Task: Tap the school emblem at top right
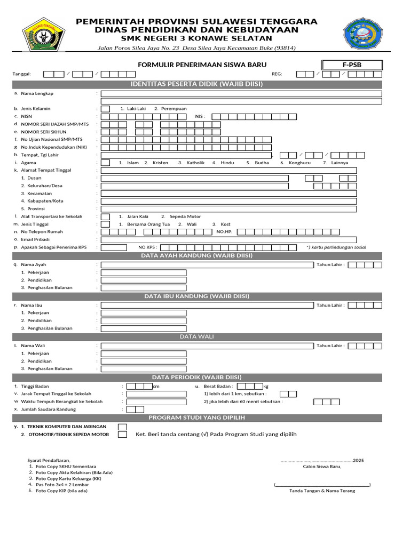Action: (x=367, y=35)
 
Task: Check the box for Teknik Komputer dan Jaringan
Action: (x=122, y=427)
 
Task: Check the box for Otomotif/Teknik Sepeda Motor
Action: (x=122, y=435)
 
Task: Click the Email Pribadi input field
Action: (x=229, y=240)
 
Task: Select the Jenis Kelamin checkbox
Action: (x=106, y=109)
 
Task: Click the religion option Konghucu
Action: (x=299, y=163)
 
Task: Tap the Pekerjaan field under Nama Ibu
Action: (x=144, y=313)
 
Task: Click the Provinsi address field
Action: (x=229, y=209)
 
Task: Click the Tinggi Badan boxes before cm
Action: (x=139, y=387)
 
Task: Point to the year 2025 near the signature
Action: (x=359, y=460)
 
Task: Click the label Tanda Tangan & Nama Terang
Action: (x=322, y=491)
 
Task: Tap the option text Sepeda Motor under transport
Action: (x=185, y=216)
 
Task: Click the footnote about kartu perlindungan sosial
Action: (x=336, y=247)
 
